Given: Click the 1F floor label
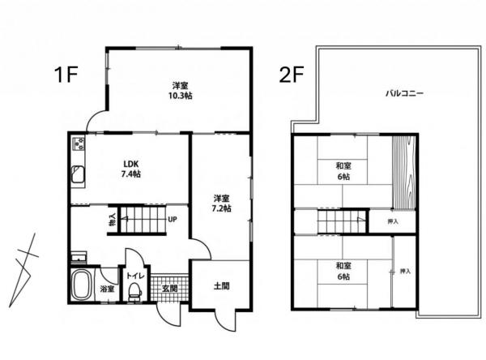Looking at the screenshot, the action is [x=66, y=75].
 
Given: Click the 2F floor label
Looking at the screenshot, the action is [x=291, y=75].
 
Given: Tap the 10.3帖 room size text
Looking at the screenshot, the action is [x=180, y=96].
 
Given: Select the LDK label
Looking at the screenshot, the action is [x=131, y=164].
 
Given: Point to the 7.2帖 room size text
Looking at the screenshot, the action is [x=221, y=208].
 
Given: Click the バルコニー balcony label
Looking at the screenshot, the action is [x=404, y=93].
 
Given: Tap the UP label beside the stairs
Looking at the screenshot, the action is [x=173, y=220].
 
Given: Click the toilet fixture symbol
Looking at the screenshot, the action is [x=134, y=291].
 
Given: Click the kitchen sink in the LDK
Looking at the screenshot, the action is [x=78, y=175].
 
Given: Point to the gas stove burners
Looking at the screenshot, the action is [x=79, y=144].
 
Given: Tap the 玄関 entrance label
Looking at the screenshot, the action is [x=170, y=289].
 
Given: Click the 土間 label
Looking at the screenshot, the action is [x=222, y=286].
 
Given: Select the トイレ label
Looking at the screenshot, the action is [x=134, y=276].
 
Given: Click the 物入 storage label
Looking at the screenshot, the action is [x=113, y=220].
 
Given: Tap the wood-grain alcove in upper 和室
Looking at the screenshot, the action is [x=404, y=172].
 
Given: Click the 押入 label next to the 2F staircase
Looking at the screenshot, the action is [x=393, y=221].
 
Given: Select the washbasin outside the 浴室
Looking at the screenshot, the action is [x=79, y=258].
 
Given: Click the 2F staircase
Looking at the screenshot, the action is [x=342, y=221].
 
